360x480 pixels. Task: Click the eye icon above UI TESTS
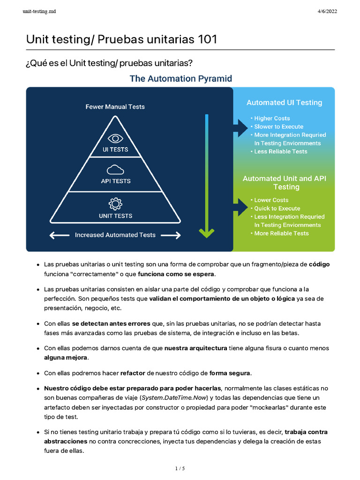[x=115, y=139]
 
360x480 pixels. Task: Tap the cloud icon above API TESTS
[x=115, y=169]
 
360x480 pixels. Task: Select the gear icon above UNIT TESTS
[x=115, y=204]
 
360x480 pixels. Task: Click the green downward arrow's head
[x=206, y=232]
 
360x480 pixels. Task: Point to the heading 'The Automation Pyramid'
[x=180, y=79]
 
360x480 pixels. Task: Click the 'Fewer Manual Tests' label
[x=115, y=107]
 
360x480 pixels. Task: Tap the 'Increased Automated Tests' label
[x=115, y=235]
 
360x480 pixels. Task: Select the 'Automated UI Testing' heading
[x=284, y=103]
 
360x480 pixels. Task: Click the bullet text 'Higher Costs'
[x=272, y=119]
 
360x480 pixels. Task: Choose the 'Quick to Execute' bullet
[x=277, y=209]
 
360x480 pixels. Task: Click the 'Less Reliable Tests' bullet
[x=281, y=151]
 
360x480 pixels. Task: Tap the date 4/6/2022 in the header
[x=327, y=11]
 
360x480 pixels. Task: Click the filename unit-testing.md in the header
[x=39, y=11]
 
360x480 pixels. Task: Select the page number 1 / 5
[x=180, y=468]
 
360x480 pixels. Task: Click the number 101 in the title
[x=206, y=39]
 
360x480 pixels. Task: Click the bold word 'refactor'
[x=133, y=373]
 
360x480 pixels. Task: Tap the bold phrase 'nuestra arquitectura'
[x=195, y=348]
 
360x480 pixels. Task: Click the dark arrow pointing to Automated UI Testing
[x=240, y=127]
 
